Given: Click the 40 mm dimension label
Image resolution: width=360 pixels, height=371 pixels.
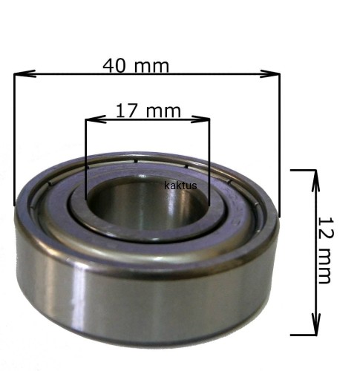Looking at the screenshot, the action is tap(136, 66).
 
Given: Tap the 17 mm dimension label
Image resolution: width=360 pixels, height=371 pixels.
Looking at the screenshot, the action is tap(148, 111).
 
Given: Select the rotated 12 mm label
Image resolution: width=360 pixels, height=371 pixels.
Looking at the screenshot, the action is tap(325, 250).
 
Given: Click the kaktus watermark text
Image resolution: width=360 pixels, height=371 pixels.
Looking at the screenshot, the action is tap(180, 185).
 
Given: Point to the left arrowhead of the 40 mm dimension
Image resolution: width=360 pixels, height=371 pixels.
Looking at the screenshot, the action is tap(24, 73).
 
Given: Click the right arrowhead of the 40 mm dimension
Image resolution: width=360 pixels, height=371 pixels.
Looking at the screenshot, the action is tap(269, 73).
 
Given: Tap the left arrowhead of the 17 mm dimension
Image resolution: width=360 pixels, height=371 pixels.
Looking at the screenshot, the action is tap(96, 119).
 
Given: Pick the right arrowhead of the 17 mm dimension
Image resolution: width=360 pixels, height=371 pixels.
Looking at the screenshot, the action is tap(200, 119).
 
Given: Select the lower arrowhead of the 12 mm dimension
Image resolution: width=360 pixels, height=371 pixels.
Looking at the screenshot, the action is tap(315, 324).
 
